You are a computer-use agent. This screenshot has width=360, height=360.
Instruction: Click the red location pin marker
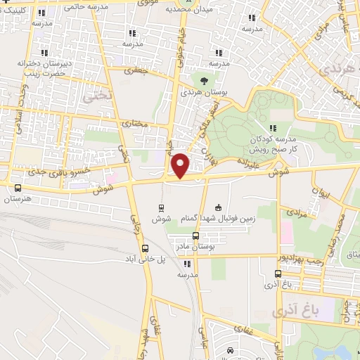coord(181,165)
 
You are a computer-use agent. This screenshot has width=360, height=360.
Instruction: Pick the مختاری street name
coord(135,124)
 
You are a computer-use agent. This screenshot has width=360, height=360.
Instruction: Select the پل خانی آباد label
coord(145,260)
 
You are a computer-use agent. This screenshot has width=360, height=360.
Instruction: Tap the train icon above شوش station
coord(162,207)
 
